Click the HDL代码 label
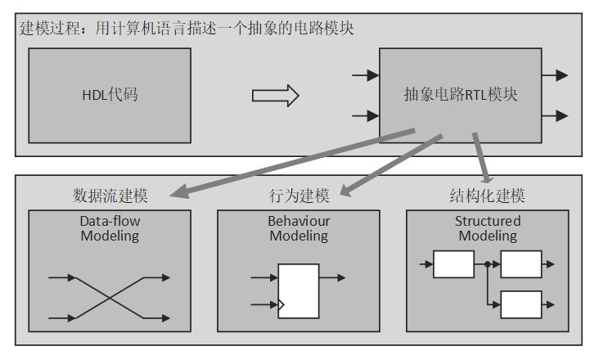pos(110,95)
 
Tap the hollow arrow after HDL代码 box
pos(275,96)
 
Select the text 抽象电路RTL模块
pos(460,95)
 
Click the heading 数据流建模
pos(110,196)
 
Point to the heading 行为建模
pos(299,196)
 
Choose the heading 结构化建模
pos(488,196)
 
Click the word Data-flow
pos(110,221)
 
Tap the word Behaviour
pos(299,221)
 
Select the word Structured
pos(488,221)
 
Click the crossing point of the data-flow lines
pos(110,298)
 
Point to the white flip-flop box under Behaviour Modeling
pos(299,290)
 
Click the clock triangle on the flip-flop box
pos(282,306)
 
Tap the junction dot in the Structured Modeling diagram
pos(487,264)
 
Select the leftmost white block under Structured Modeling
pos(453,264)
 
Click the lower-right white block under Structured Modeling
pos(520,304)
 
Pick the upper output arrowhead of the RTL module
pos(561,75)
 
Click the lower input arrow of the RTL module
pos(365,115)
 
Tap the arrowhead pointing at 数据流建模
pos(177,195)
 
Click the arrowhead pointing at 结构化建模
pos(489,179)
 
